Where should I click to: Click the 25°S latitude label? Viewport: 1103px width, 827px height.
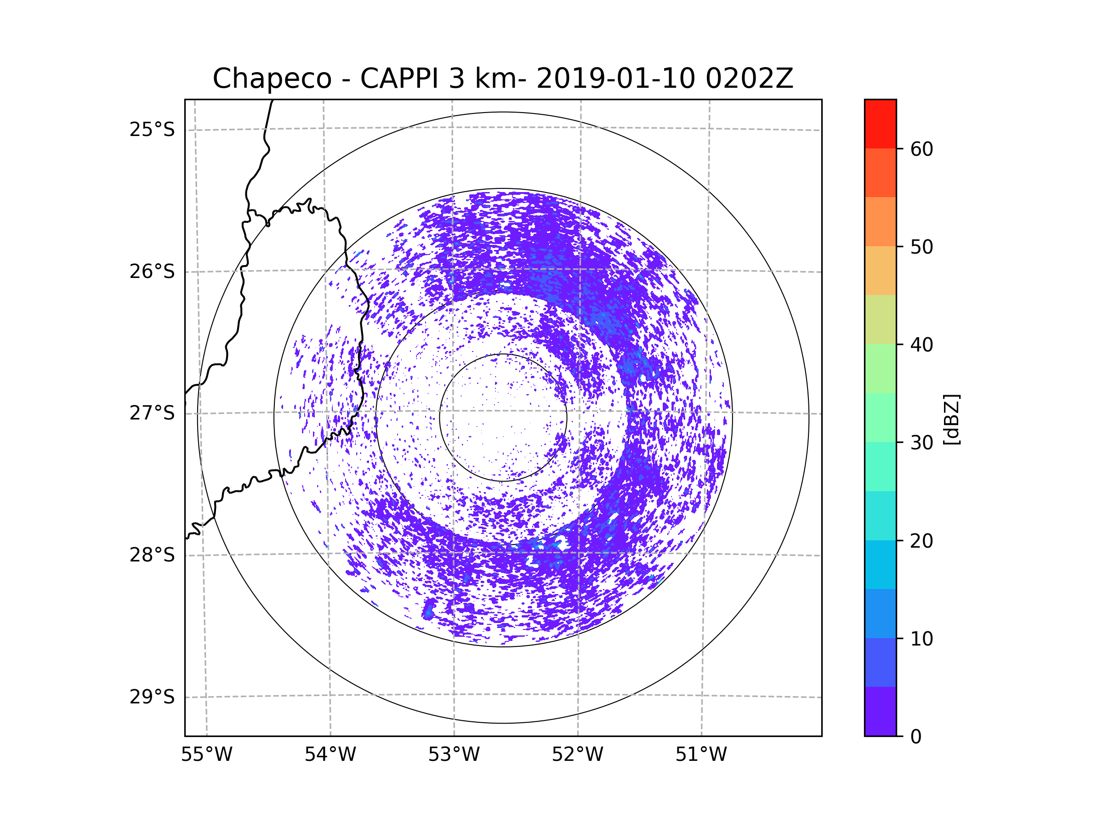click(152, 130)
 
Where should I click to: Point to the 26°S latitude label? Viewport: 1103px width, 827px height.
click(152, 272)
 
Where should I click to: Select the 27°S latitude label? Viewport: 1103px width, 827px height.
click(152, 413)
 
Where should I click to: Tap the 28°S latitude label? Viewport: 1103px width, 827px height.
click(152, 555)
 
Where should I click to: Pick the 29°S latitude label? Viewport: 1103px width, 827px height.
click(152, 697)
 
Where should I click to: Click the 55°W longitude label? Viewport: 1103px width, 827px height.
click(206, 755)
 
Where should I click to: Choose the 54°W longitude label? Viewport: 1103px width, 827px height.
click(330, 755)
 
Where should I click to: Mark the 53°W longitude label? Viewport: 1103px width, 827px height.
click(454, 755)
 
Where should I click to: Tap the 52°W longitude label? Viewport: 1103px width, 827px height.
click(577, 755)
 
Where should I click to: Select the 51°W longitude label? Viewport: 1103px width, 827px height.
click(701, 755)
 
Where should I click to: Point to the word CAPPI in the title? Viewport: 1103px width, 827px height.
click(400, 78)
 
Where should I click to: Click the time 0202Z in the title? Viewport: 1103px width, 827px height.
click(749, 78)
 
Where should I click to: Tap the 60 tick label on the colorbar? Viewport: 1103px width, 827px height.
click(921, 149)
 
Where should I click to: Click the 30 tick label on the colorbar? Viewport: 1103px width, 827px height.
click(921, 442)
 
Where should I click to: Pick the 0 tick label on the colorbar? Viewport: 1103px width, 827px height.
click(916, 737)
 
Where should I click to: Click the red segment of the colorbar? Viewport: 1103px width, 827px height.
click(880, 124)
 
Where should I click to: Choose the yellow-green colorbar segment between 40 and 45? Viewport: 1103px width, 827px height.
click(880, 319)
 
